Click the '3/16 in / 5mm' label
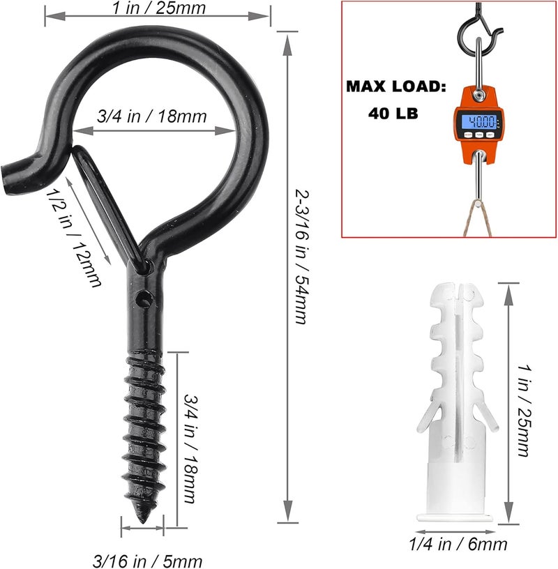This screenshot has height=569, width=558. point(148,560)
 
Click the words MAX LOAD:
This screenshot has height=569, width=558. point(395,89)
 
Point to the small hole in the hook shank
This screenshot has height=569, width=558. point(144,298)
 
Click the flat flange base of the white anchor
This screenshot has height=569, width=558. point(458,517)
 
